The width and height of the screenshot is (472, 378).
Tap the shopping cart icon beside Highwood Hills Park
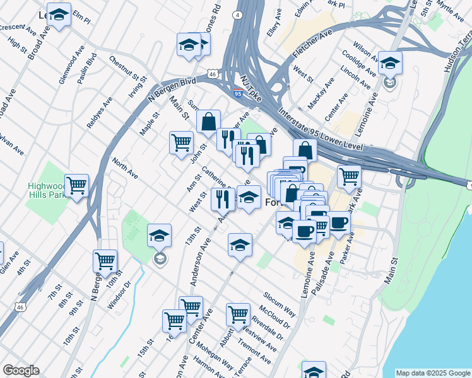pyautogui.click(x=76, y=185)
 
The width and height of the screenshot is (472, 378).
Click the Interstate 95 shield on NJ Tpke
pyautogui.click(x=237, y=93)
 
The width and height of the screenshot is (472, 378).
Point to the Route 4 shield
pyautogui.click(x=236, y=14)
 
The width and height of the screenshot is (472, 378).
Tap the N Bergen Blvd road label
pyautogui.click(x=172, y=89)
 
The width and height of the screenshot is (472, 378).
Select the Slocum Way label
pyautogui.click(x=280, y=303)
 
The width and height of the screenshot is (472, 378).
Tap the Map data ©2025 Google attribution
pyautogui.click(x=433, y=373)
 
